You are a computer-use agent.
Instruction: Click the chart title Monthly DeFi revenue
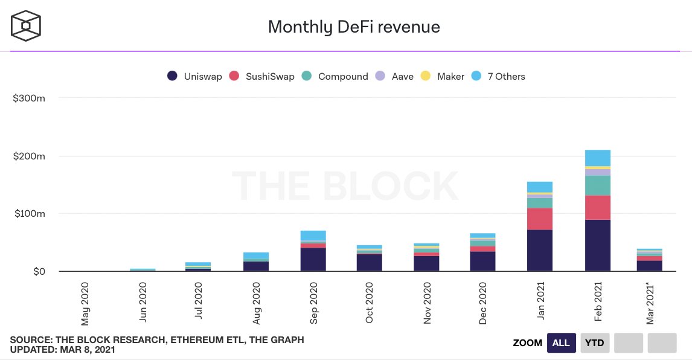[x=354, y=27]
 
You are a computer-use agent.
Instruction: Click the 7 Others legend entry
[x=499, y=77]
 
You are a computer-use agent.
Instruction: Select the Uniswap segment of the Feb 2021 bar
[x=598, y=245]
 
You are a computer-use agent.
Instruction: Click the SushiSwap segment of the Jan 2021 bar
[x=540, y=219]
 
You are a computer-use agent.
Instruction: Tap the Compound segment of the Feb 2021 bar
[x=598, y=185]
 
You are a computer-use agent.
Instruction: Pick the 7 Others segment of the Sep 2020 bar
[x=313, y=236]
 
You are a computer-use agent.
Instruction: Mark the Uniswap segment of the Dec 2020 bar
[x=482, y=261]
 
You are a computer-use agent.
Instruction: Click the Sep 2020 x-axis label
[x=314, y=302]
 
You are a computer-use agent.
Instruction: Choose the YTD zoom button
[x=595, y=343]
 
